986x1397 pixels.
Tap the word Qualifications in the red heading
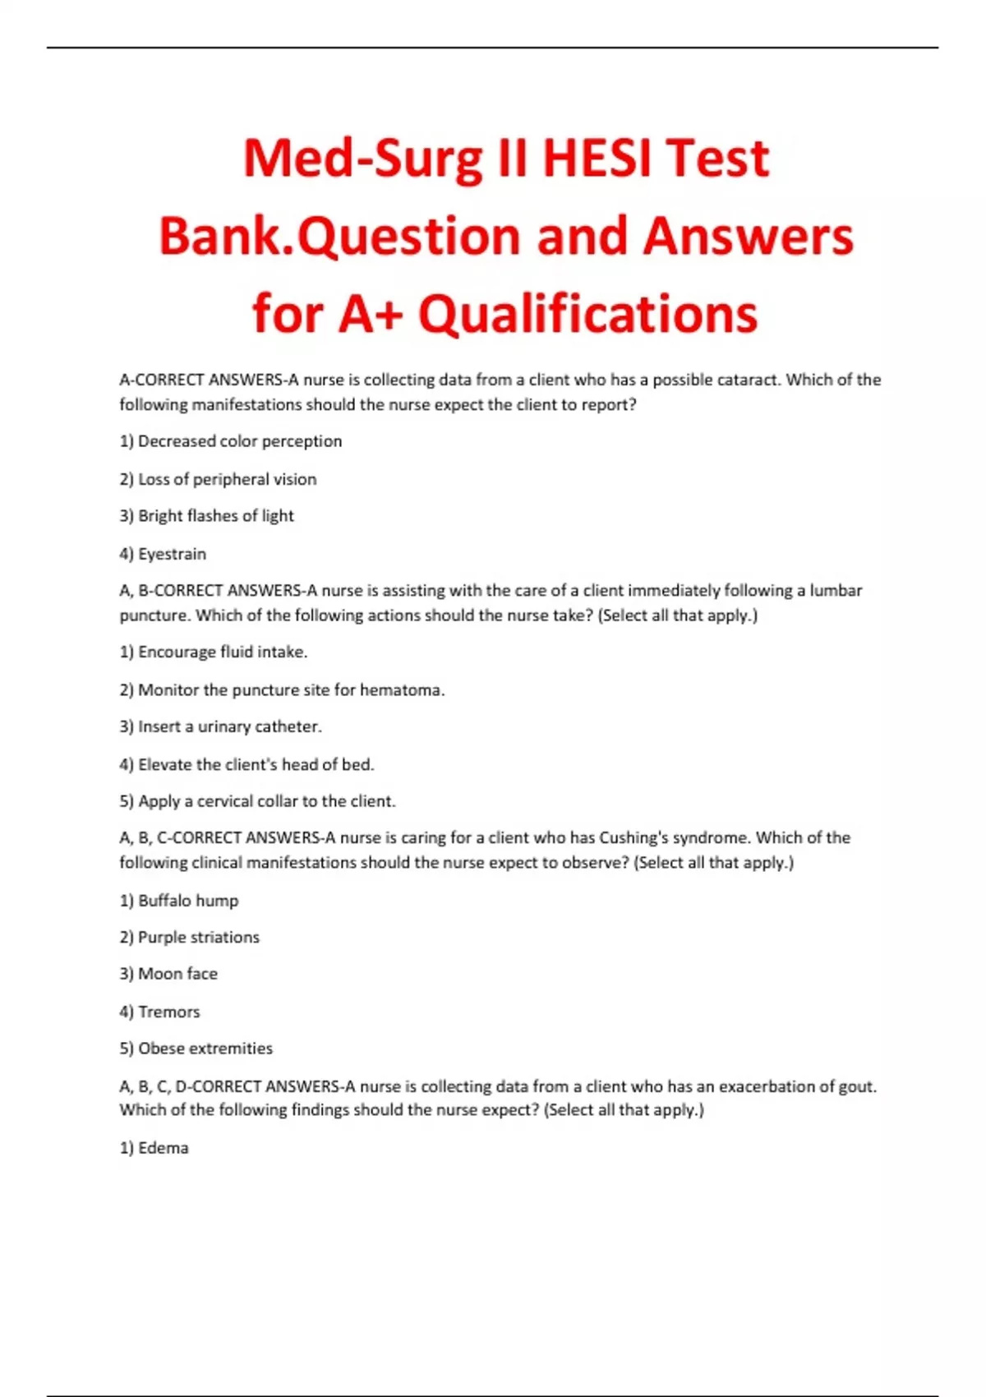click(x=587, y=314)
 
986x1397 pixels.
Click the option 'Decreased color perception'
click(x=231, y=441)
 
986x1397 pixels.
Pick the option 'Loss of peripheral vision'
click(x=218, y=479)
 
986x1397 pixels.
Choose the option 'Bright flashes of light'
click(x=207, y=516)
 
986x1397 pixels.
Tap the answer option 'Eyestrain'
click(x=163, y=554)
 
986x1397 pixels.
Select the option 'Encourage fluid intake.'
click(x=214, y=652)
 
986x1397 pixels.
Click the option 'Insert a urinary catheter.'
click(x=221, y=726)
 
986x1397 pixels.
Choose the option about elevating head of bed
click(x=246, y=764)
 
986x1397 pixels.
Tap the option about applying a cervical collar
click(x=258, y=801)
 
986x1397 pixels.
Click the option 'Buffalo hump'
click(x=179, y=901)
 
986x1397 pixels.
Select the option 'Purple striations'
click(x=190, y=937)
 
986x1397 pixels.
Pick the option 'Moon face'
click(x=168, y=974)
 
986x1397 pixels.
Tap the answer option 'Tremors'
click(x=160, y=1012)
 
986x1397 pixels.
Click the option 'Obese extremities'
click(x=196, y=1049)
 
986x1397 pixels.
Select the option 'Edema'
click(x=154, y=1148)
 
